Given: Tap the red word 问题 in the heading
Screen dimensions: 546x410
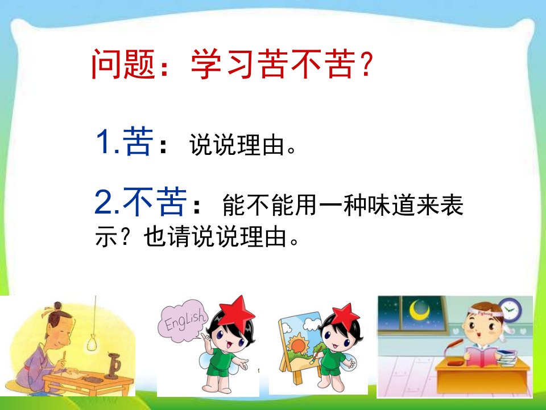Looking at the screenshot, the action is coord(123,64).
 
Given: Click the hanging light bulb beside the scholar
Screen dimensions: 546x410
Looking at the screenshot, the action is coord(92,342).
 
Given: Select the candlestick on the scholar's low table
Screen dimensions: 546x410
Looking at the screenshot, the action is coord(113,366).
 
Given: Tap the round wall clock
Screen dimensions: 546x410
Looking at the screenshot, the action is coord(510,309).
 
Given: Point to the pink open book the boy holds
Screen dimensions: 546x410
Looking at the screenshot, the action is coord(481,355).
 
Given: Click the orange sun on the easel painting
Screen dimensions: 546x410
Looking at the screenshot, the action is coord(298,343).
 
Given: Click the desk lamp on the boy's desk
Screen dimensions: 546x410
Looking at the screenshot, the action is coord(453,352).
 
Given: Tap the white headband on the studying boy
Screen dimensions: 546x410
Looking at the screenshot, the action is coord(487,315).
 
